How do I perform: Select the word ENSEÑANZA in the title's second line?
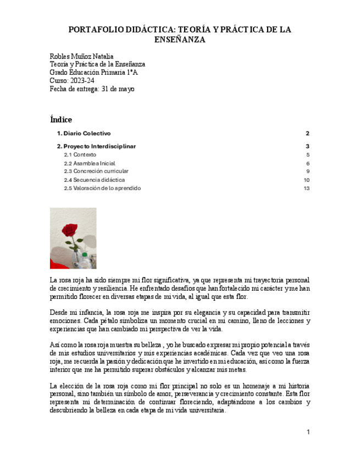180,40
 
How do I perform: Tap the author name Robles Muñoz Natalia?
81,57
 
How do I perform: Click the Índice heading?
61,120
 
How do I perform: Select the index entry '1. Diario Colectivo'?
84,134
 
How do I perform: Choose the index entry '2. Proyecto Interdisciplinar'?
97,147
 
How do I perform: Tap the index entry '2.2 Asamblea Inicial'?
90,163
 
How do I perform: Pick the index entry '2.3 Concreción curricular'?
96,171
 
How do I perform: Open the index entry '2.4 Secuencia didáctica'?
95,180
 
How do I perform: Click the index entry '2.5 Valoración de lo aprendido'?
102,188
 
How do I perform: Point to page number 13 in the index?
307,188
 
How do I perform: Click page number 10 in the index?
307,180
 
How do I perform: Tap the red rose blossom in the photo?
69,229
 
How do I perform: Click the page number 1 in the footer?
308,432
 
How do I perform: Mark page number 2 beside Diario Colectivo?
308,134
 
